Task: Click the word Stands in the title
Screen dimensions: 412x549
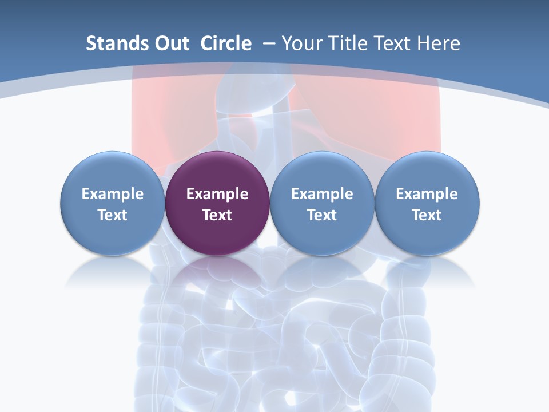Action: [110, 43]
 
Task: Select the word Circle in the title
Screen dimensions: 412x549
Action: [226, 43]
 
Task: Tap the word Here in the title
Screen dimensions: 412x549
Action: [438, 43]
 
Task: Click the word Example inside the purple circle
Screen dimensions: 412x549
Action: [217, 194]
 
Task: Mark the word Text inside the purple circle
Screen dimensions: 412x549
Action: [217, 215]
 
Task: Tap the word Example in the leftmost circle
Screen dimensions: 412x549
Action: [112, 194]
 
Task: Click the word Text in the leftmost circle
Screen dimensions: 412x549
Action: [112, 215]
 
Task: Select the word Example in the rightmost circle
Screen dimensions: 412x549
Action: [427, 194]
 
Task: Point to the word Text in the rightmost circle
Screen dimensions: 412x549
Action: [427, 215]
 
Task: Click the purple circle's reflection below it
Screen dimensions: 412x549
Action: [217, 272]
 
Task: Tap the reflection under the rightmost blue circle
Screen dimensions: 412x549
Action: [427, 272]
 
